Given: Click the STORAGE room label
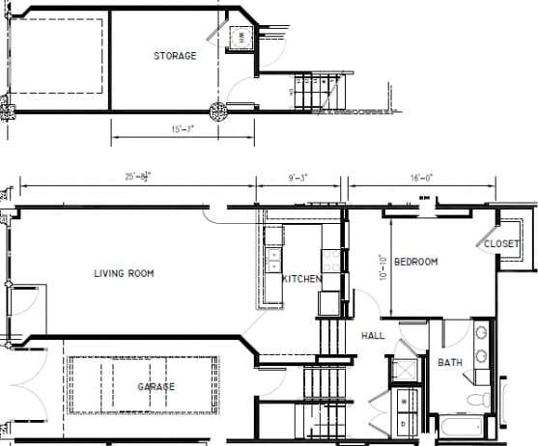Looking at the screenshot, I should point(175,56).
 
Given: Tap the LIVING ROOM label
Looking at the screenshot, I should point(124,273).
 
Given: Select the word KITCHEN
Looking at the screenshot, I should point(301,279).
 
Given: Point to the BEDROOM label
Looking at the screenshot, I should point(415,262).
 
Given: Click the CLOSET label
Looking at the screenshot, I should point(501,244).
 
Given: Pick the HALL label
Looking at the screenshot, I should point(373,335).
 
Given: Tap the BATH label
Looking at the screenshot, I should point(450,363).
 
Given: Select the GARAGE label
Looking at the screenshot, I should point(156,386).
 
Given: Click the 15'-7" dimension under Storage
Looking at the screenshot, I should point(182,130).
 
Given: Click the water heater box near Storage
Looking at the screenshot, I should point(239,38).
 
